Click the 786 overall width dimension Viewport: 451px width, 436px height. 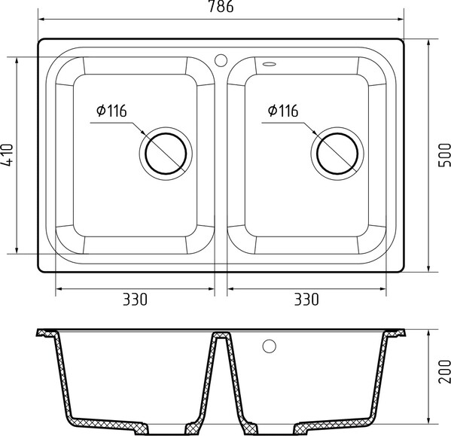pyautogui.click(x=221, y=8)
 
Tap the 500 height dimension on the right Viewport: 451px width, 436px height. pyautogui.click(x=443, y=154)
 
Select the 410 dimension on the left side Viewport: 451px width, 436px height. pyautogui.click(x=7, y=155)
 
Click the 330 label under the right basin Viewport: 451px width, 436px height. pyautogui.click(x=306, y=299)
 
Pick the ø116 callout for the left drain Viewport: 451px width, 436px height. pyautogui.click(x=111, y=111)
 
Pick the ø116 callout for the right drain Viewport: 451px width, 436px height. pyautogui.click(x=282, y=111)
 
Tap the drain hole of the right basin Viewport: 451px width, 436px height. pyautogui.click(x=337, y=153)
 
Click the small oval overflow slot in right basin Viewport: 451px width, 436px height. pyautogui.click(x=270, y=63)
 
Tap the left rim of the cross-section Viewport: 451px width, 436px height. pyautogui.click(x=47, y=335)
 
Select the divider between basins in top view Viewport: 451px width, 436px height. pyautogui.click(x=221, y=158)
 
